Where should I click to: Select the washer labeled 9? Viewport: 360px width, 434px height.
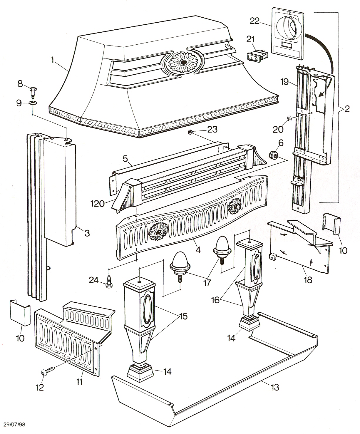(x=32, y=103)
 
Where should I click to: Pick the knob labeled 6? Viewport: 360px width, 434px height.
(x=273, y=155)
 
